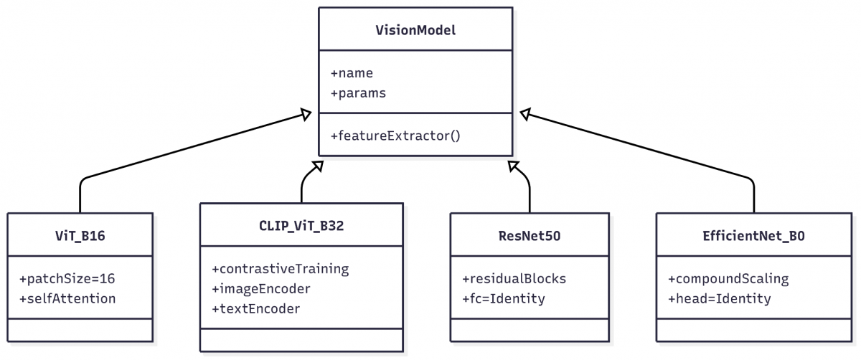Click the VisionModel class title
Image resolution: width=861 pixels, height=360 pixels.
click(x=415, y=30)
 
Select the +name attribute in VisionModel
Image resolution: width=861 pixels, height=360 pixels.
click(x=352, y=73)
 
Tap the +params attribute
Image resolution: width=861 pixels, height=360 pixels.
click(x=358, y=93)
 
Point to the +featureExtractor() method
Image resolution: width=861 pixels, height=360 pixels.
click(x=395, y=136)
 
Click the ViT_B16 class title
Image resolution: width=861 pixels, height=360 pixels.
click(x=80, y=235)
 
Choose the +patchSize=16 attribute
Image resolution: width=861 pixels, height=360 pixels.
click(x=67, y=278)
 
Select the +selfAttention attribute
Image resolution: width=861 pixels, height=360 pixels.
click(x=67, y=298)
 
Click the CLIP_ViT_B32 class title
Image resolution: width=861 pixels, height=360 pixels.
click(x=301, y=225)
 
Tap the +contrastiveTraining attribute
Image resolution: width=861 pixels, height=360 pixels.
click(x=281, y=269)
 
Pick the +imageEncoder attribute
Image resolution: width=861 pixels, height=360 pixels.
click(x=261, y=288)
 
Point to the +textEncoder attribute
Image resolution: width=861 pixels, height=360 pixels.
click(x=256, y=308)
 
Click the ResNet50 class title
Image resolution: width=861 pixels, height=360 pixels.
click(x=530, y=235)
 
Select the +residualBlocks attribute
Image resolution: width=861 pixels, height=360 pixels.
click(x=514, y=278)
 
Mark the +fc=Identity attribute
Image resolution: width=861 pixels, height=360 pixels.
click(x=504, y=298)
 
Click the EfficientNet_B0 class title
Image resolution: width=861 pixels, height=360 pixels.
click(x=754, y=235)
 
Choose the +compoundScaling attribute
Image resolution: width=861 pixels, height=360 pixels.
click(x=728, y=278)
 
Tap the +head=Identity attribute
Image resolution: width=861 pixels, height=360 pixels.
click(x=720, y=298)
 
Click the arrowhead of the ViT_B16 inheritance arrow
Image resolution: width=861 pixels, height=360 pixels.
click(x=306, y=114)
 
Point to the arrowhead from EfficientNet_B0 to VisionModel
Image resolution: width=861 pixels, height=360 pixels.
click(x=525, y=114)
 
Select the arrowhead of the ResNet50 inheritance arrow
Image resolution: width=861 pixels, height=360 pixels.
click(x=513, y=166)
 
